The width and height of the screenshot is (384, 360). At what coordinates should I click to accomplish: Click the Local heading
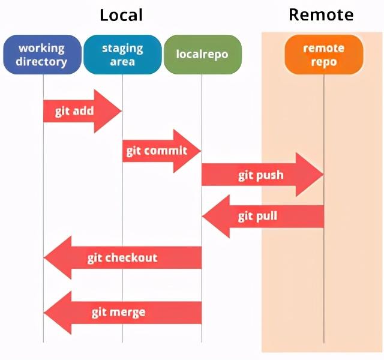point(121,15)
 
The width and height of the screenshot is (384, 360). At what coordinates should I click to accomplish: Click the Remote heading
point(321,14)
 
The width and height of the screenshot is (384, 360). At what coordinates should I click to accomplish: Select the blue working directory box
point(43,55)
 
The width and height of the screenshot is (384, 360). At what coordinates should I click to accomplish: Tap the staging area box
point(122,55)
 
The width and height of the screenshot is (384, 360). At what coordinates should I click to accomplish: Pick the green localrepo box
point(203,55)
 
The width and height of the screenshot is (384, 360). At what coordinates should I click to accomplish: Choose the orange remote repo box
point(324,55)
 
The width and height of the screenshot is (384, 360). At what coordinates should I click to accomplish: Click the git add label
point(74,112)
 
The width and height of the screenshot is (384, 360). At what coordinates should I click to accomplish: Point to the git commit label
point(157,151)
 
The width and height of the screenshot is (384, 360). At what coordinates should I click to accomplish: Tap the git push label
point(261,175)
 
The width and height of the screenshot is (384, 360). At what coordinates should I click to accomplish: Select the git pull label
point(257,217)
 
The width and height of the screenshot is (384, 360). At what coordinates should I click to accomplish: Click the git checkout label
point(122,258)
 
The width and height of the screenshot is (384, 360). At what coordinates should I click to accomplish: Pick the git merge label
point(119,313)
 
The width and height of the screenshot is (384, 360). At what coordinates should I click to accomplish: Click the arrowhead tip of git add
point(122,111)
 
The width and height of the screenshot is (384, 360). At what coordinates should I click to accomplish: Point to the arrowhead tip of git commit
point(201,151)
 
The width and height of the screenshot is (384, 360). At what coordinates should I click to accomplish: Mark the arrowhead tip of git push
point(323,175)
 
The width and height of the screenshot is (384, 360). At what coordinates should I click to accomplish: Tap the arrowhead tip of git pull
point(202,216)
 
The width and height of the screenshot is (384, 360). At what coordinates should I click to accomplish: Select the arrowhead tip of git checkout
point(44,257)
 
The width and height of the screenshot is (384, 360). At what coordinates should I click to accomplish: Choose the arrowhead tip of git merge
point(44,313)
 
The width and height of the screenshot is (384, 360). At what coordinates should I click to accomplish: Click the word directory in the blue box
point(41,62)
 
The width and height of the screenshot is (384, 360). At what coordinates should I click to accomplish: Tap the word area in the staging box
point(122,62)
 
